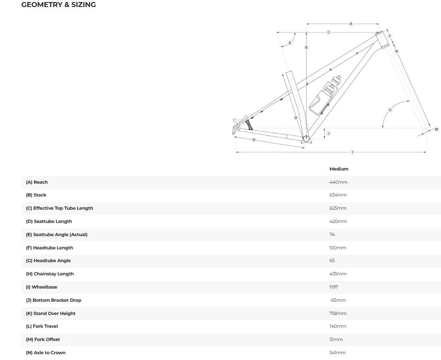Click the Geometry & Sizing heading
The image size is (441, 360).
[x=59, y=5]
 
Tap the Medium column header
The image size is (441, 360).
[x=339, y=169]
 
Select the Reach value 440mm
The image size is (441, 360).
[x=338, y=182]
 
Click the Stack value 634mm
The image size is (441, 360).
[x=338, y=195]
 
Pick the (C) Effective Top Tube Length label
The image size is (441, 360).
[x=59, y=208]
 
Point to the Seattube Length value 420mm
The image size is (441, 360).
[x=338, y=221]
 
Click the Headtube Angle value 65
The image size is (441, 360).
[x=332, y=261]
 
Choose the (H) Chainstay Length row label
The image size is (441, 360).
[x=50, y=274]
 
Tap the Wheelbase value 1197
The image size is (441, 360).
[x=334, y=287]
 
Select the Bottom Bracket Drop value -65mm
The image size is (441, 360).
[x=337, y=301]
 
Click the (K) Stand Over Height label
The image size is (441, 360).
[x=51, y=313]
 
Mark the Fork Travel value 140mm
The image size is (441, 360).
[x=338, y=326]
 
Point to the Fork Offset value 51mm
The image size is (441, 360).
[x=336, y=339]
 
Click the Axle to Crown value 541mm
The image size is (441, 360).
[x=337, y=353]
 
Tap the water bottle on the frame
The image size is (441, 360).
[x=325, y=95]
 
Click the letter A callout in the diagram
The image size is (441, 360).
[x=351, y=24]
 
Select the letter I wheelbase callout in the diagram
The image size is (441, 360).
[x=352, y=152]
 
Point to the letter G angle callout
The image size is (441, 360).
[x=390, y=110]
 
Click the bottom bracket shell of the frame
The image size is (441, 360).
[x=306, y=139]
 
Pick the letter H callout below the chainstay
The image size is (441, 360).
[x=254, y=140]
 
